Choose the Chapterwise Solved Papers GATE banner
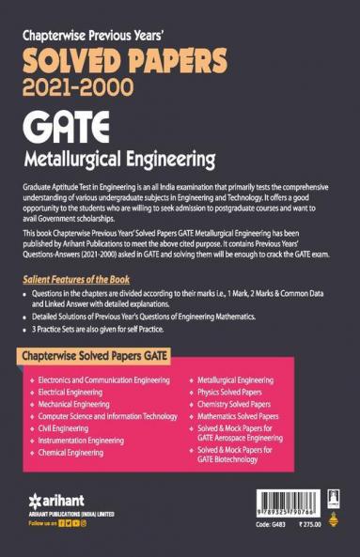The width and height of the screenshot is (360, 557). [x=117, y=333]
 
